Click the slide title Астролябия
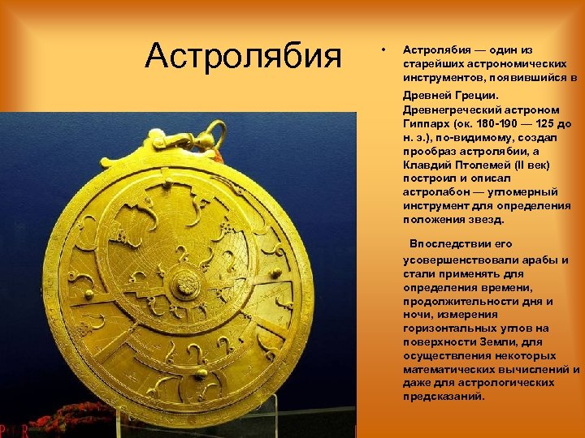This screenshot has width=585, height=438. pyautogui.click(x=243, y=58)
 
